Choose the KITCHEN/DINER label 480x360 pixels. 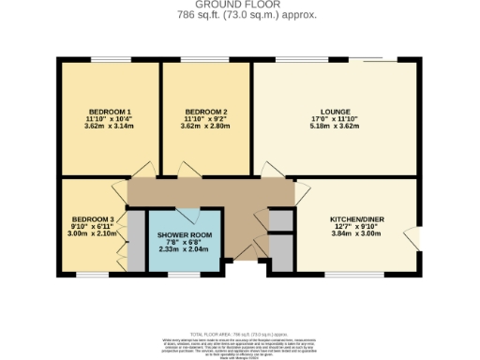tap(357, 219)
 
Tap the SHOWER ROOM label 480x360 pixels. tap(185, 234)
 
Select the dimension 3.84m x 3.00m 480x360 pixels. tap(357, 233)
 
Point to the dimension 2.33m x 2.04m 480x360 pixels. tap(185, 249)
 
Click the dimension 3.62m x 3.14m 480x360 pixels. tap(109, 127)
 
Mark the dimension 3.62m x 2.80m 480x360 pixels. tap(204, 127)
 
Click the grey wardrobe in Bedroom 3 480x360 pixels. tap(136, 241)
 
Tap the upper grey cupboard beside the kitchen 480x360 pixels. tap(279, 219)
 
